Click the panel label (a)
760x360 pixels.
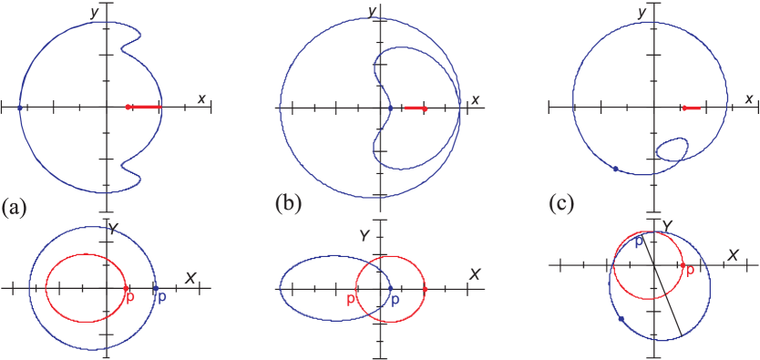[x=15, y=207]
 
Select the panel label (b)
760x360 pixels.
[x=288, y=204]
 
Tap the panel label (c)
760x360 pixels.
[x=561, y=204]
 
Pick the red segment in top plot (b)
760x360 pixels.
[x=415, y=108]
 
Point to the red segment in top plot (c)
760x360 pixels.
[x=692, y=108]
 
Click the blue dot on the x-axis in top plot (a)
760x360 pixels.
[x=20, y=108]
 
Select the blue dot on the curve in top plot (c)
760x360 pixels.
[x=616, y=169]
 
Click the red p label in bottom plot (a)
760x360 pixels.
[x=129, y=297]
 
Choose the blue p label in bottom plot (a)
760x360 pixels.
[x=162, y=297]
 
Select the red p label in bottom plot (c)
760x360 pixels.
[x=689, y=270]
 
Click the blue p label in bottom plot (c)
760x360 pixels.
[x=638, y=242]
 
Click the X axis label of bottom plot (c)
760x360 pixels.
[x=731, y=254]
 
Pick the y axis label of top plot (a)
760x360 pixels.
[x=95, y=11]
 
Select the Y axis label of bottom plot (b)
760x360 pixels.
[x=364, y=235]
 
